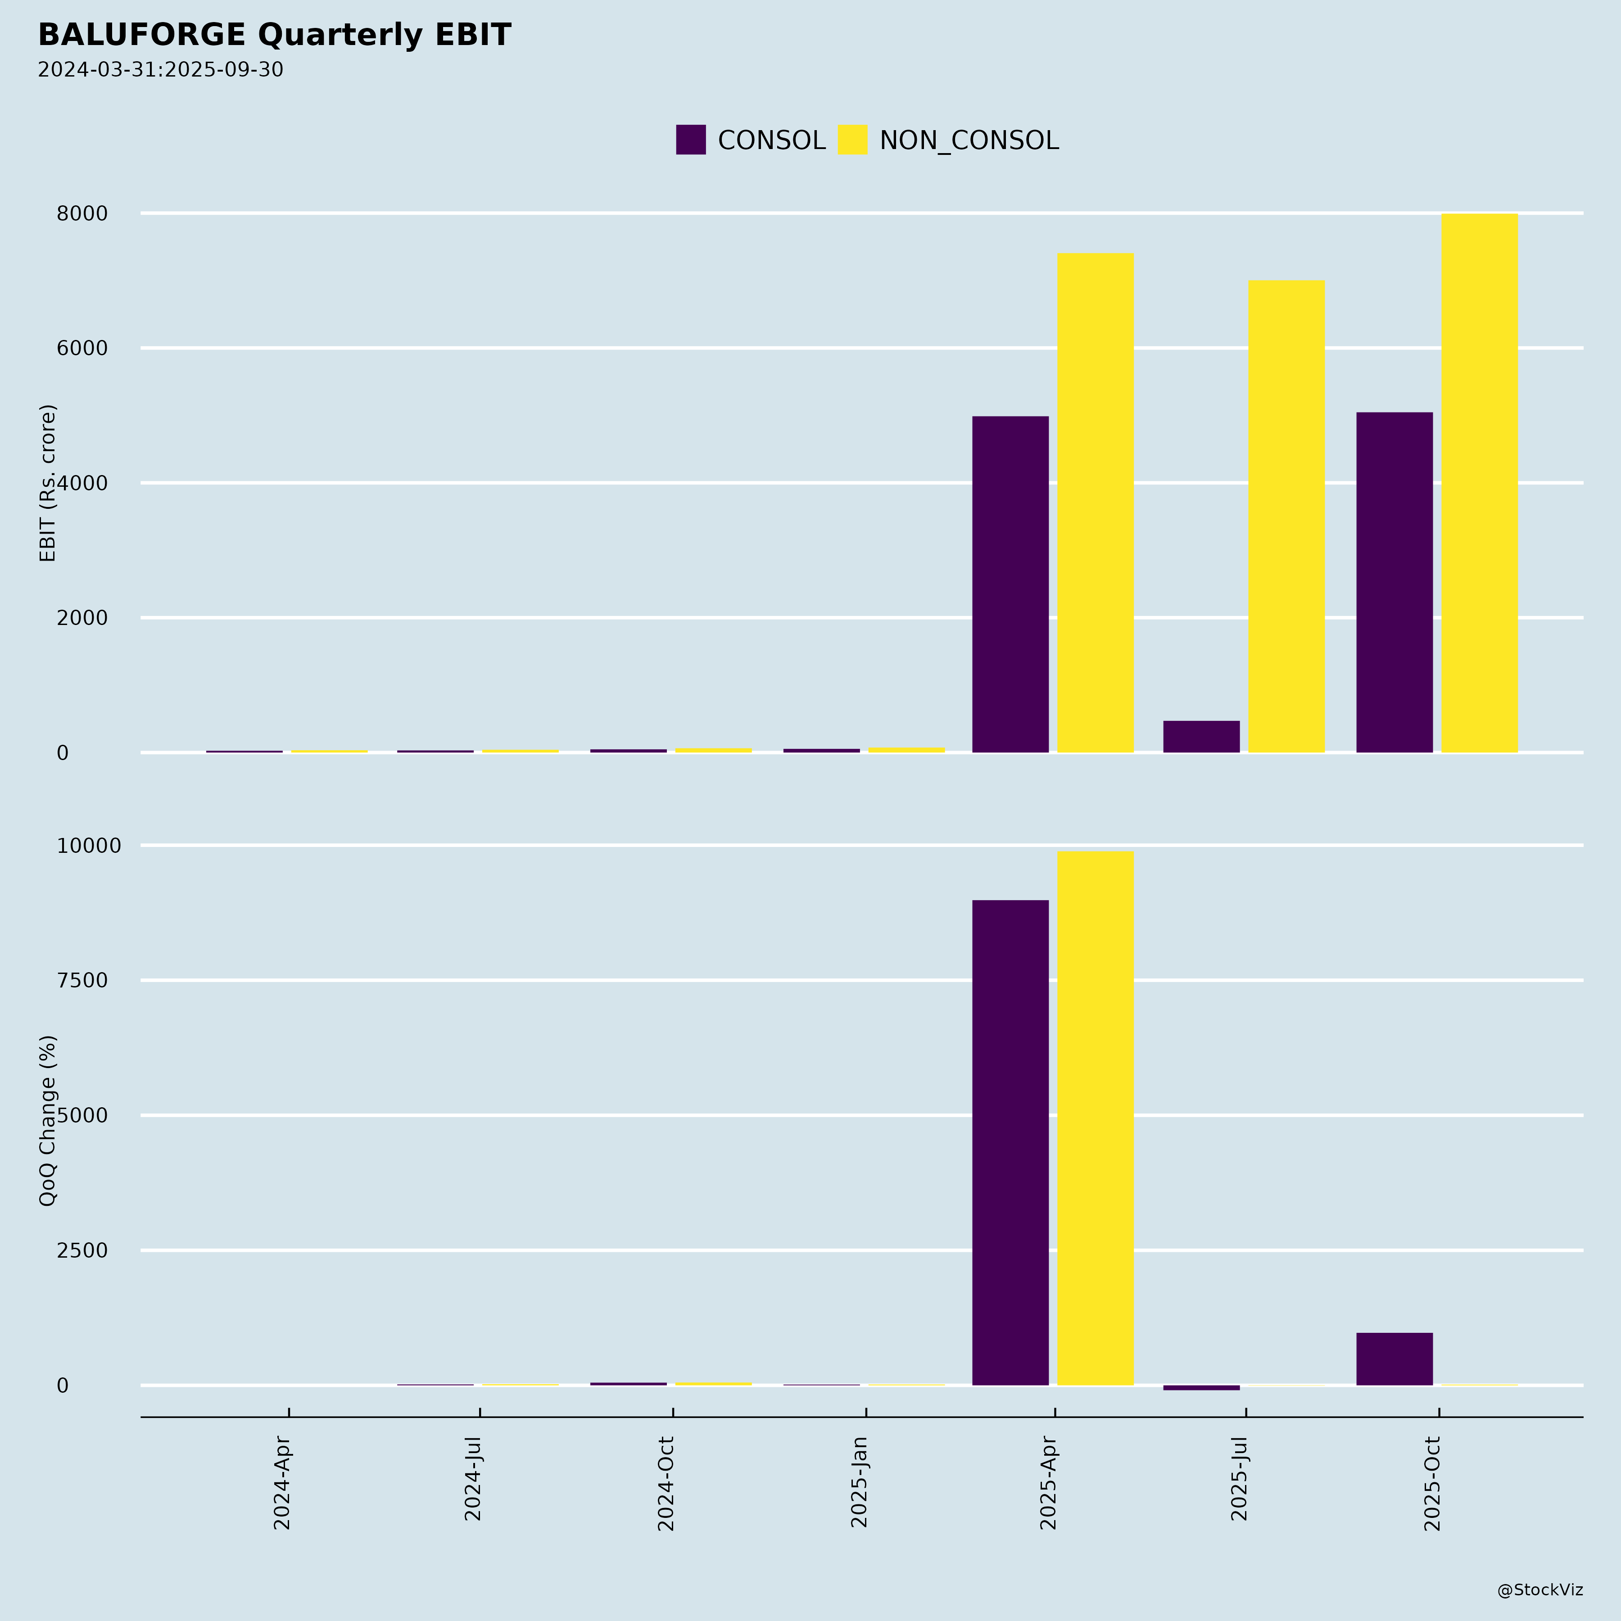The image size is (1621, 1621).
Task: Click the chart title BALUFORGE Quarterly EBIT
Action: tap(274, 35)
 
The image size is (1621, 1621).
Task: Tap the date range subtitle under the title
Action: tap(160, 70)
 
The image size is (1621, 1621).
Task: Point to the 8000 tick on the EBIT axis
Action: tap(82, 214)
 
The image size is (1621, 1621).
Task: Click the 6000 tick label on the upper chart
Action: tap(82, 348)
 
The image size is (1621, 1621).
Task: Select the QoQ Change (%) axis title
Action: tap(48, 1121)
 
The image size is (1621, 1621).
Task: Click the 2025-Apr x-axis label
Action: tap(1049, 1483)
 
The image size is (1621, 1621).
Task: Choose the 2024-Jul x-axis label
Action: tap(473, 1478)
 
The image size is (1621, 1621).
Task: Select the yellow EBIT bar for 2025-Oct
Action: tap(1479, 483)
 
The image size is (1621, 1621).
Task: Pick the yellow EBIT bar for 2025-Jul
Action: tap(1286, 516)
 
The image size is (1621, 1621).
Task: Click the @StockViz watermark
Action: tap(1539, 1590)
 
